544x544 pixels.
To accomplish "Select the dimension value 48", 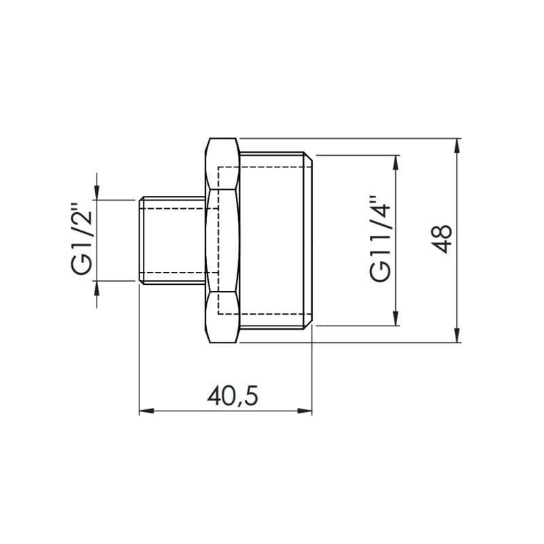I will point(443,239).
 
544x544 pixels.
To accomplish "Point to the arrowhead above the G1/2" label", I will point(97,194).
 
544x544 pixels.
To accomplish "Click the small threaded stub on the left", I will point(170,239).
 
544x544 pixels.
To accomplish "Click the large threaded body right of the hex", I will point(275,239).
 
